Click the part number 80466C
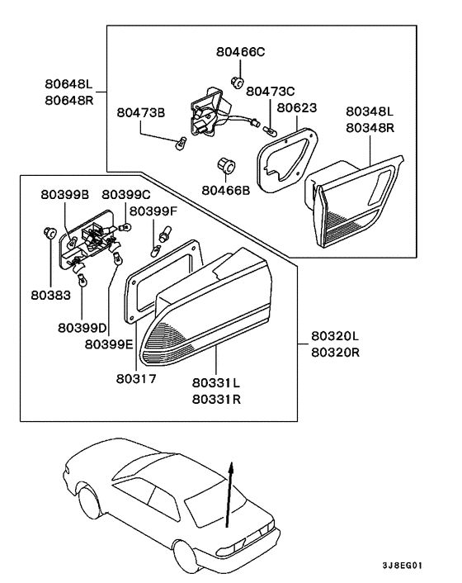243,52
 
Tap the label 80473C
270,91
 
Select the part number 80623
298,107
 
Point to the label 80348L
370,111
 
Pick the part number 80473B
140,112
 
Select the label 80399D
81,328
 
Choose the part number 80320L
335,336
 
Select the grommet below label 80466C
236,81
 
